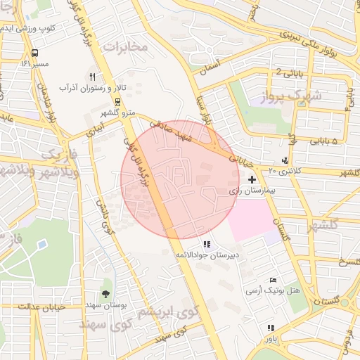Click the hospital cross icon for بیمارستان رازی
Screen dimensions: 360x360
(252, 180)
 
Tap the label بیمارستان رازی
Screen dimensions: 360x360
(250, 191)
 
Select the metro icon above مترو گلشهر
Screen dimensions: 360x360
(117, 103)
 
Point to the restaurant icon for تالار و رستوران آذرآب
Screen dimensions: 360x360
(91, 77)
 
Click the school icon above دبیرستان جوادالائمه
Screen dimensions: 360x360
(206, 244)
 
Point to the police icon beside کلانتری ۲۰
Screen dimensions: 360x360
(284, 161)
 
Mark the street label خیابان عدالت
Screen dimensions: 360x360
(22, 307)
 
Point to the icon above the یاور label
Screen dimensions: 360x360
(271, 327)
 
